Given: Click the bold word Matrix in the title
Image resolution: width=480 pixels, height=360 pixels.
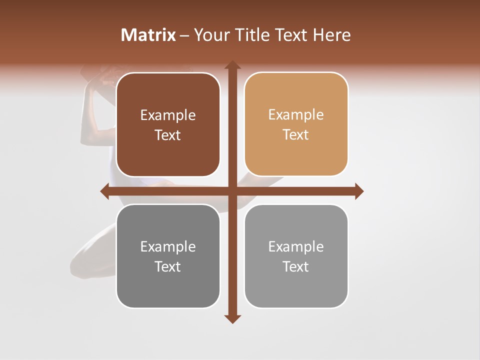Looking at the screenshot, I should [148, 35].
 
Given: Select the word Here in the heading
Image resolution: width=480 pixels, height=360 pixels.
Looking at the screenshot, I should [331, 35].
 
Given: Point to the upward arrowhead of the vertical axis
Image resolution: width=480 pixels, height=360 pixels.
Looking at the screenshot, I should [232, 65].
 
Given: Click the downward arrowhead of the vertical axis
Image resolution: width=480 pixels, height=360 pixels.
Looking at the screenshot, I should [232, 318].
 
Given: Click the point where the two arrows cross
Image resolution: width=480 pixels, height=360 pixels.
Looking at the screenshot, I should [232, 191].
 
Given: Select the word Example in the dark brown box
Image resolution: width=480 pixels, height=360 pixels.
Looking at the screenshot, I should [168, 115].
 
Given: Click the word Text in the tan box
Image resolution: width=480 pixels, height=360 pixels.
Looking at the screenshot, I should [296, 135].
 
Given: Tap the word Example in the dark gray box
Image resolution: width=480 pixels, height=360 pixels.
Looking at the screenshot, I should [168, 247].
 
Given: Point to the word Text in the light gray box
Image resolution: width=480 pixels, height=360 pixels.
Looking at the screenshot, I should [296, 266].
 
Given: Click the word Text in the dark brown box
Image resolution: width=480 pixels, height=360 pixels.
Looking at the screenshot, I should [168, 135].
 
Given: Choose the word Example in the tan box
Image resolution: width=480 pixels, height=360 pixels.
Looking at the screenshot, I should [296, 115].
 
